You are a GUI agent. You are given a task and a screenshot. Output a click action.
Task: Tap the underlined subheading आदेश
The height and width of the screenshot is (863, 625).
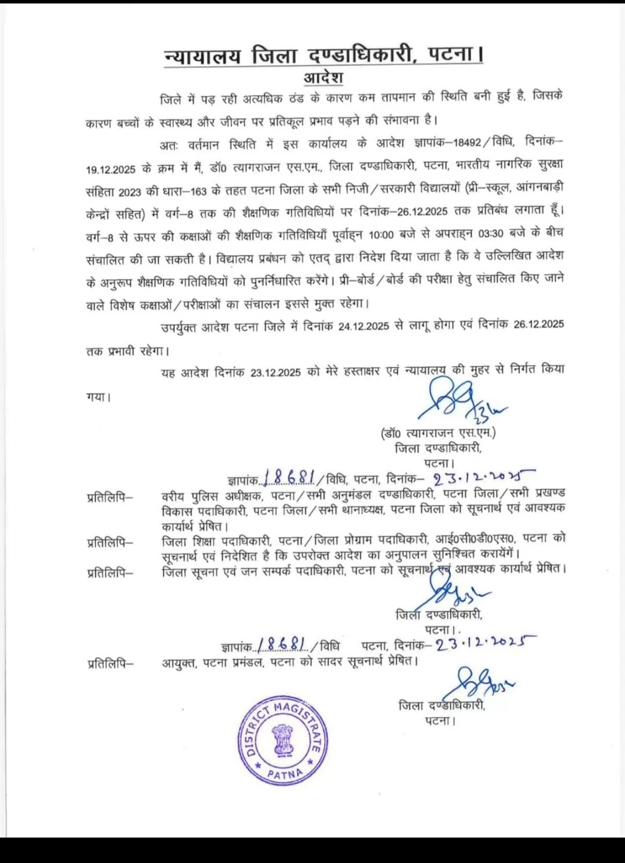(x=323, y=78)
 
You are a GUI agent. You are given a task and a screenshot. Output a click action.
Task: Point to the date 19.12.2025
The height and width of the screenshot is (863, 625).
(x=111, y=169)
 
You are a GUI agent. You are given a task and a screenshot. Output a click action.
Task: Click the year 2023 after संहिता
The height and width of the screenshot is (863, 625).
(x=130, y=192)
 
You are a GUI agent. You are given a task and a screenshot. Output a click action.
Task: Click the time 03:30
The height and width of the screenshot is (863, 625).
(x=491, y=234)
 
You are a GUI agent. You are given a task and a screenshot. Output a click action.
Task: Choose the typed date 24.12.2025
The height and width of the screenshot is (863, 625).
(x=363, y=326)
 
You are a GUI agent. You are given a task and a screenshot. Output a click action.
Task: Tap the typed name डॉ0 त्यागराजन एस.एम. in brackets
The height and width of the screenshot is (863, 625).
(x=438, y=433)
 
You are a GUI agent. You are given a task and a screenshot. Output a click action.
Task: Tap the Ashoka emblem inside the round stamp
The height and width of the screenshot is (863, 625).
(x=284, y=740)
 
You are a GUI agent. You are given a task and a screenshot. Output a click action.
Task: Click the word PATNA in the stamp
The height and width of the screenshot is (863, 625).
(x=285, y=773)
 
